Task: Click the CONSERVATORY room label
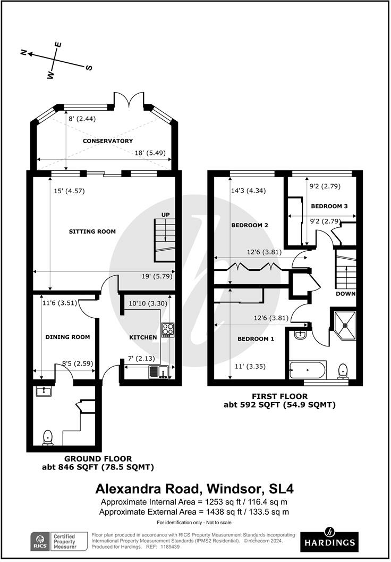tap(100, 141)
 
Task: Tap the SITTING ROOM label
tap(92, 232)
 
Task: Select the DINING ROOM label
tap(67, 337)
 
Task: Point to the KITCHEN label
tap(143, 337)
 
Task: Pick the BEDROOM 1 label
tap(256, 339)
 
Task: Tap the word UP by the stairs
tap(165, 214)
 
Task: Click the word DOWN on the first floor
tap(345, 294)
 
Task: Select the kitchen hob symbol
tap(167, 330)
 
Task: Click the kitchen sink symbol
tap(158, 371)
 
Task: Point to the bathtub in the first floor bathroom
tap(308, 368)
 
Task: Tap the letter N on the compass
tap(24, 52)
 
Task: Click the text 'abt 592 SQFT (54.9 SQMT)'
tap(279, 405)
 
